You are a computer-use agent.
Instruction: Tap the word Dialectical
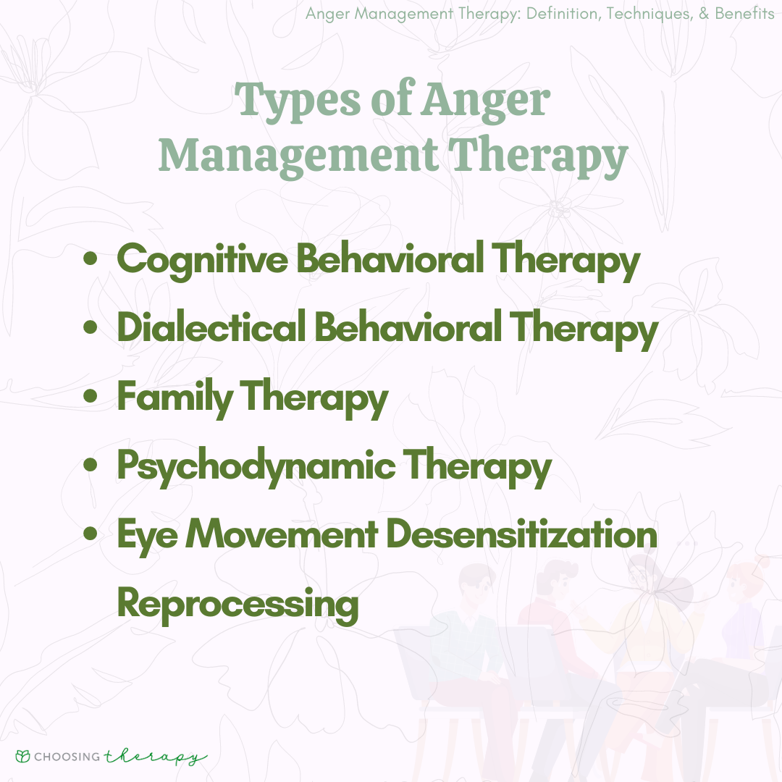pos(211,327)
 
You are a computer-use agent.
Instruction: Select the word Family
pos(175,398)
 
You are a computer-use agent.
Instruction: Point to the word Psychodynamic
pos(256,467)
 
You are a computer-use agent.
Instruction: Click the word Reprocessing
pos(238,605)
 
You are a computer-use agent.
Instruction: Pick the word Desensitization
pos(521,534)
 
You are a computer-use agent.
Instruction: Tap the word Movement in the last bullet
pos(282,534)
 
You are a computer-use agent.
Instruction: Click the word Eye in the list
pos(147,536)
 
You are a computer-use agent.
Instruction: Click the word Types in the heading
pos(298,101)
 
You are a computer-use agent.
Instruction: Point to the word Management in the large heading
pos(298,156)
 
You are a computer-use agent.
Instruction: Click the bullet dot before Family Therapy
pos(91,396)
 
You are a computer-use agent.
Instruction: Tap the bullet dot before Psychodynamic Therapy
pos(91,465)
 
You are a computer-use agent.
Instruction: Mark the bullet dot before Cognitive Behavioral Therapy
pos(91,258)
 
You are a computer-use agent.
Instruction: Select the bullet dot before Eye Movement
pos(91,534)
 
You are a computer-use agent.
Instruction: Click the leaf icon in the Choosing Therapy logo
pos(23,757)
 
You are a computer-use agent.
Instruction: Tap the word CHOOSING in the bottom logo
pos(67,757)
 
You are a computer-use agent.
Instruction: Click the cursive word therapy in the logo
pos(156,757)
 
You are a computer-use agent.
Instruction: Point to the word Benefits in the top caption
pos(744,14)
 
